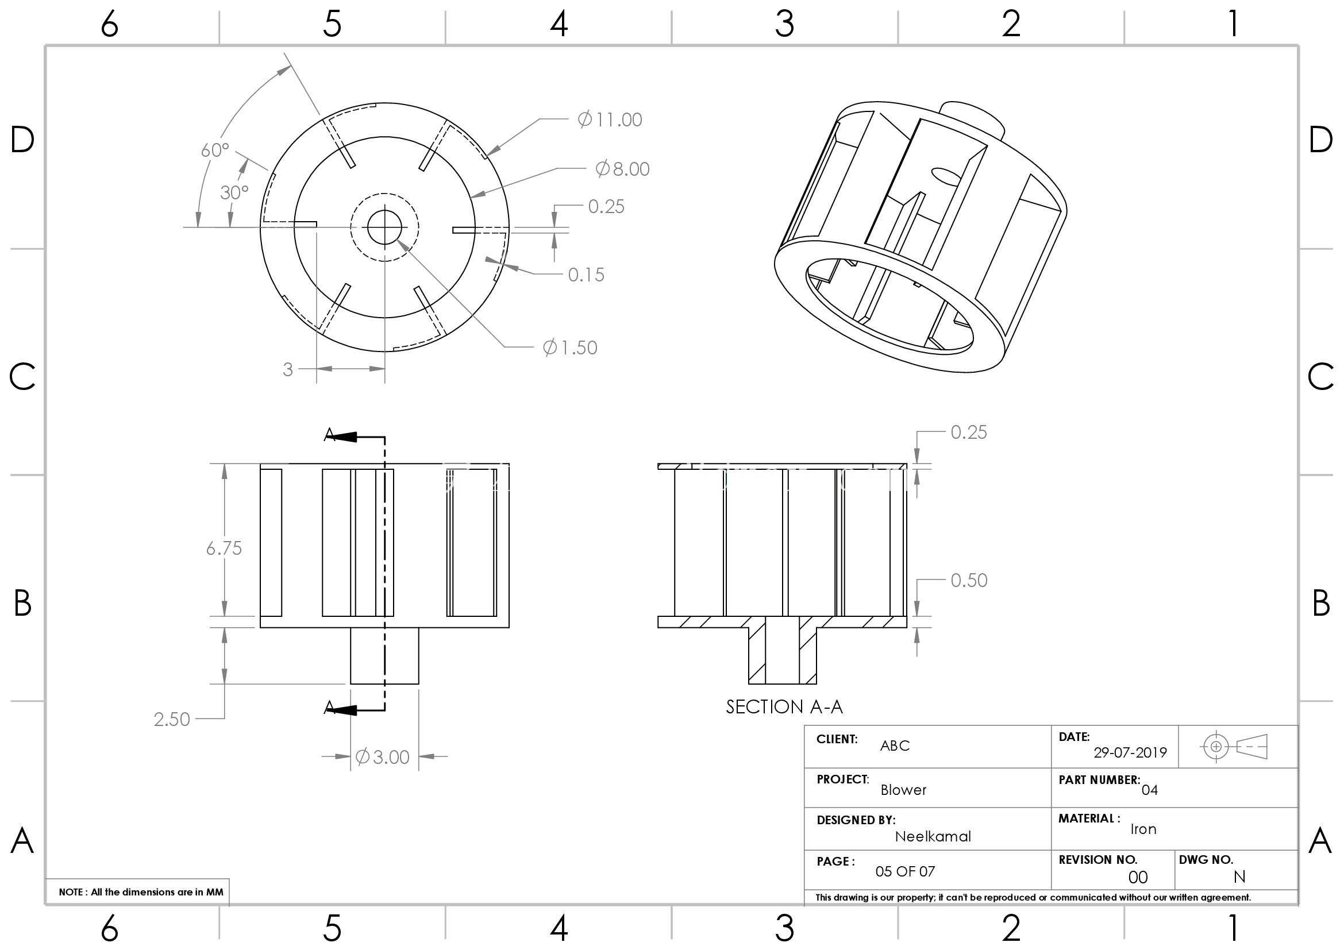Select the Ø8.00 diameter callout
pos(622,169)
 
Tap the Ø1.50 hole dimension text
pos(570,347)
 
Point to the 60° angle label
pos(215,150)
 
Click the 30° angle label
pos(234,192)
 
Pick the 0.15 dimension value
pos(586,275)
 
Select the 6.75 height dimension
pos(224,548)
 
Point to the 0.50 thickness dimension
pos(969,580)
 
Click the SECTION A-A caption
pos(784,707)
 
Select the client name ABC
pos(895,746)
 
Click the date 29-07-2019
pos(1130,753)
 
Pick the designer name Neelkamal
pos(933,836)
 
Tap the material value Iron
pos(1143,829)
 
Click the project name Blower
pos(903,790)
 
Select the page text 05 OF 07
pos(905,872)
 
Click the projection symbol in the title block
pos(1233,747)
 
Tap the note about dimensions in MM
pos(141,892)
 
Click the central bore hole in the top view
pos(384,227)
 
